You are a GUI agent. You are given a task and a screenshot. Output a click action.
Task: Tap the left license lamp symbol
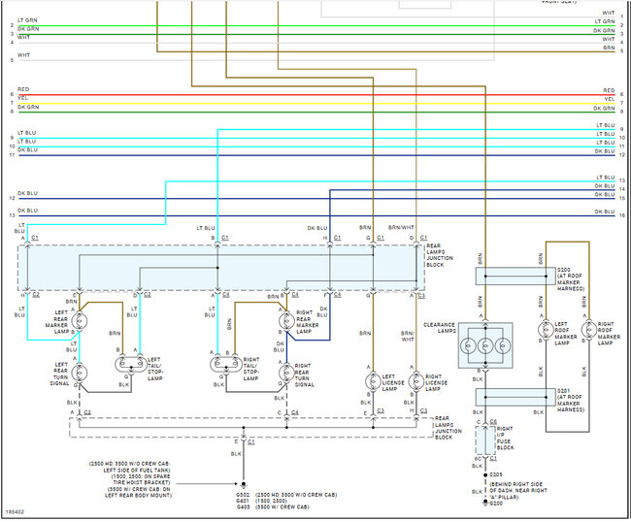[371, 380]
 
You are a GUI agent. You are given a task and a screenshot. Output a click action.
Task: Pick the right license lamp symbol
[416, 380]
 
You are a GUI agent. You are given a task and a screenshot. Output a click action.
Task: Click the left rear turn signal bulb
[82, 372]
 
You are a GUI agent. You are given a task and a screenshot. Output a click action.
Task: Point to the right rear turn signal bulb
[284, 372]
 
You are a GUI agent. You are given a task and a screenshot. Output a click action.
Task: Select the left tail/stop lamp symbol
[128, 364]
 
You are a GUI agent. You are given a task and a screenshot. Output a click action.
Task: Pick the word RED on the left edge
[22, 88]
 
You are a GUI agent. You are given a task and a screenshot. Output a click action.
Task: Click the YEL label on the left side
[22, 98]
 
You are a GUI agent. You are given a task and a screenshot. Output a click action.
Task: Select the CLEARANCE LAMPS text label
[440, 328]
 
